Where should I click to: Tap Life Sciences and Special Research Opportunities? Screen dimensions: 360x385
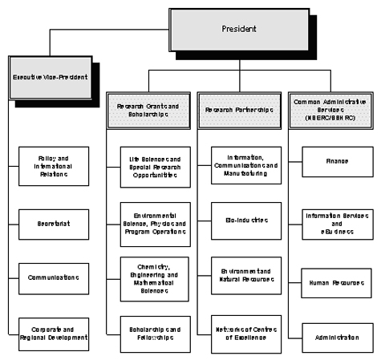tap(149, 166)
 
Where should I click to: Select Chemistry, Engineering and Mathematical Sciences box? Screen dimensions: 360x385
tap(149, 276)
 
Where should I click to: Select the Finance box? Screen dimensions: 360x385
tap(335, 160)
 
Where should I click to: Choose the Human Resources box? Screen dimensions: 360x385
tap(335, 284)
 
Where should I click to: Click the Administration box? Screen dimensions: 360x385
tap(335, 338)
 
